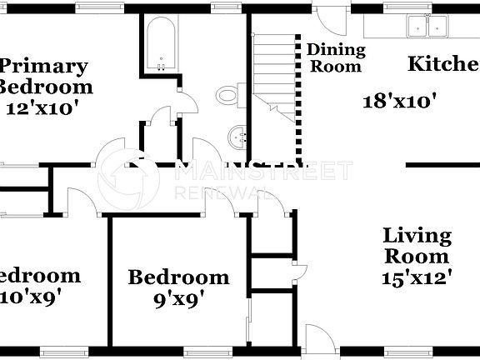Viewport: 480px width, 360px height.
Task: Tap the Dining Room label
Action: pyautogui.click(x=334, y=57)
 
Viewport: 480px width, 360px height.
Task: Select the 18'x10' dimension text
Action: pyautogui.click(x=400, y=102)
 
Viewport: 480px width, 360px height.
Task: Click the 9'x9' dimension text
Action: pyautogui.click(x=177, y=297)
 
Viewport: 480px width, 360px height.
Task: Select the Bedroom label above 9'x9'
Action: pyautogui.click(x=177, y=277)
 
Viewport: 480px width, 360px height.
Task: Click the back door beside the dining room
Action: pyautogui.click(x=328, y=18)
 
